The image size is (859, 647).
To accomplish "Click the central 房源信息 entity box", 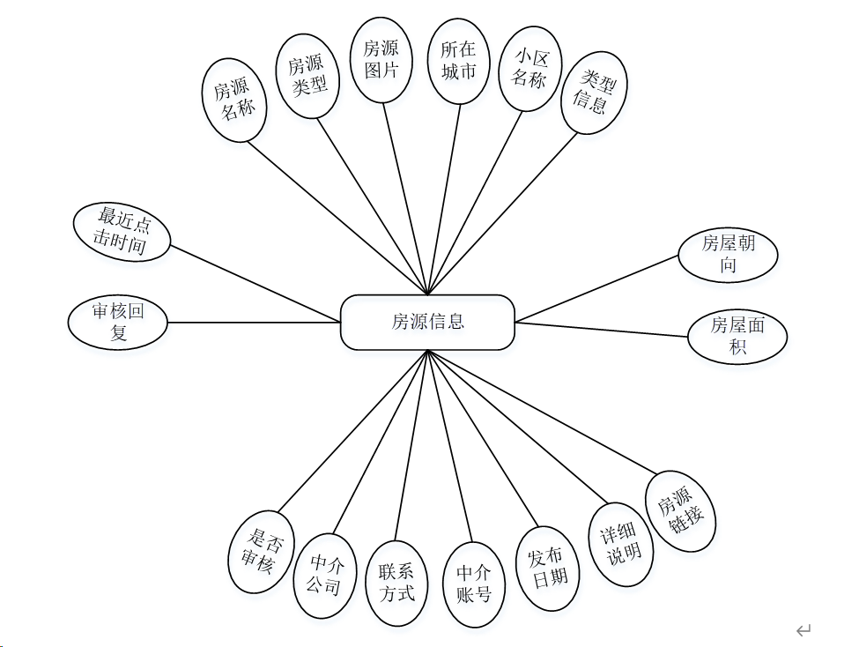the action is coord(427,322).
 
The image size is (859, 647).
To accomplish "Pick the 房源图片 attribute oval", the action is coord(381,60).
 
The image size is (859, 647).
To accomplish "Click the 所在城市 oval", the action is coord(458,61).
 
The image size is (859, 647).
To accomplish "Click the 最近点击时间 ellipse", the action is coord(121,232).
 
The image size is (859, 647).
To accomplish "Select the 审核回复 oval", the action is coord(116,322).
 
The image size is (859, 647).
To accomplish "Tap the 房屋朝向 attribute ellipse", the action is coord(728,254).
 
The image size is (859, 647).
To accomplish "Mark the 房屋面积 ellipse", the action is coord(737,336).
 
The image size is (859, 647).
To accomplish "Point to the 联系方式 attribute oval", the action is coord(396,583).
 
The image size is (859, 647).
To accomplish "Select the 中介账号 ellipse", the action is coord(474,584).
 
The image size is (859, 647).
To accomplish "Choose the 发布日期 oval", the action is coord(546,568).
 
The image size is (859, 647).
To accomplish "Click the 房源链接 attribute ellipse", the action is coord(681,512).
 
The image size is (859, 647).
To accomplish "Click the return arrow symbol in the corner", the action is coord(803,629).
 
